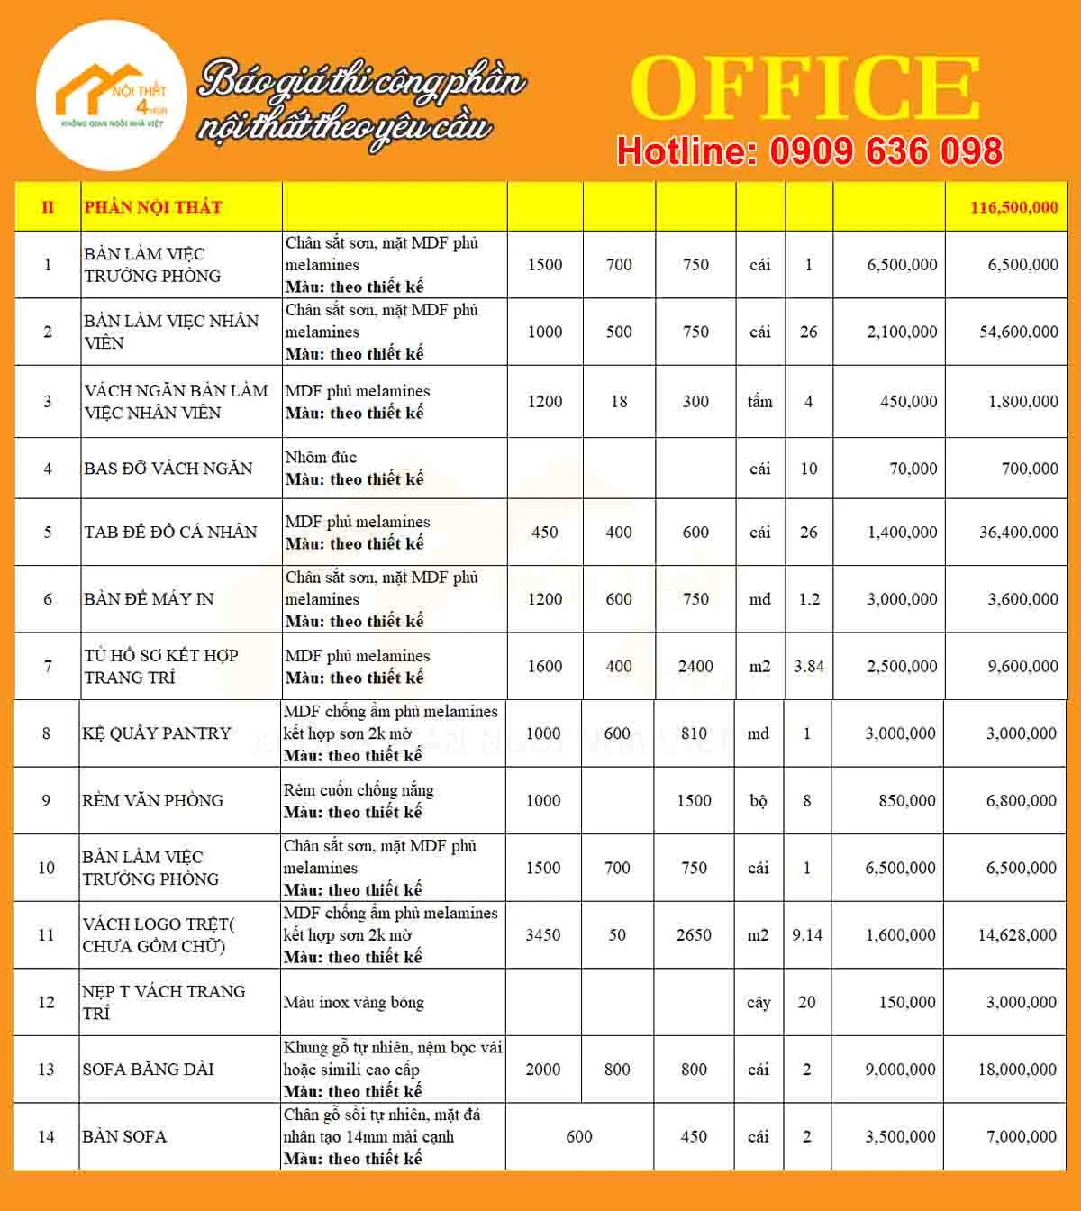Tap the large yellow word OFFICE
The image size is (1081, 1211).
click(804, 87)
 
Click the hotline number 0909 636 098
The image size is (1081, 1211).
click(886, 151)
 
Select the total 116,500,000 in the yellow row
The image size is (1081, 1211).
click(1013, 207)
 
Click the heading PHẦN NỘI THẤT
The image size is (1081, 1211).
click(152, 207)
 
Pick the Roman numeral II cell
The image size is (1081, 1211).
click(48, 207)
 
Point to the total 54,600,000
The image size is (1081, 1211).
click(1018, 332)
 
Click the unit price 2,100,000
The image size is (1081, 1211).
click(902, 332)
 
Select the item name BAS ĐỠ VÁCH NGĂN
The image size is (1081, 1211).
click(168, 469)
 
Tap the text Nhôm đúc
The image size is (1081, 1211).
click(321, 457)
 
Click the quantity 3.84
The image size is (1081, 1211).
click(809, 666)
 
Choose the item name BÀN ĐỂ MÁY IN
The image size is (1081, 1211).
click(149, 599)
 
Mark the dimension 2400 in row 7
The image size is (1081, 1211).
click(695, 666)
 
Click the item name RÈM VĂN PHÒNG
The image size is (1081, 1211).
click(152, 800)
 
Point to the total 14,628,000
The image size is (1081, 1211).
click(1017, 934)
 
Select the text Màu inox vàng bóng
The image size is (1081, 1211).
click(353, 1002)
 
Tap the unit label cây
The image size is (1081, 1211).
click(759, 1002)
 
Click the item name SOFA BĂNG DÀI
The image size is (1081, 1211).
click(148, 1070)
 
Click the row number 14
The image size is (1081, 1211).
click(46, 1136)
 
